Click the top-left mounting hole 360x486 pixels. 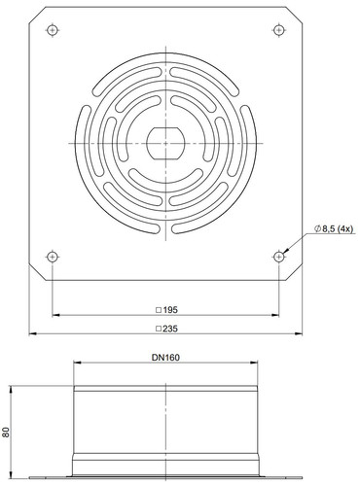(53, 30)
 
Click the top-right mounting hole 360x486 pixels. (279, 30)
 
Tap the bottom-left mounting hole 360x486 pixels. (53, 257)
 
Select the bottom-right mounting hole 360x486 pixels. (279, 257)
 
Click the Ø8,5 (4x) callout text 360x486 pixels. (334, 229)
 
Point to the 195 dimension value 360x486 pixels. (170, 310)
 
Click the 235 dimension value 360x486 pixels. (170, 329)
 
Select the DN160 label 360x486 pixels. (165, 358)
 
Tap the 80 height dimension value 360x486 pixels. (6, 432)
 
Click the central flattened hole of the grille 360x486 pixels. (165, 143)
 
